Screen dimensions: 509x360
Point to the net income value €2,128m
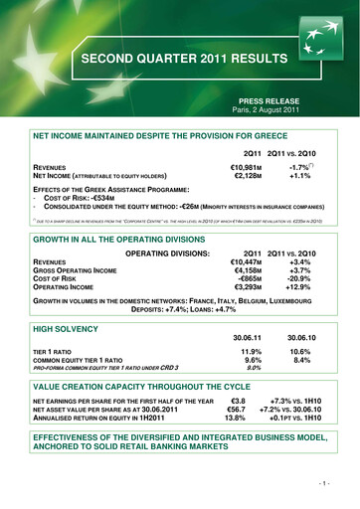(x=239, y=177)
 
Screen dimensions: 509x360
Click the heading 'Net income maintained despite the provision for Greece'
(x=160, y=133)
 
